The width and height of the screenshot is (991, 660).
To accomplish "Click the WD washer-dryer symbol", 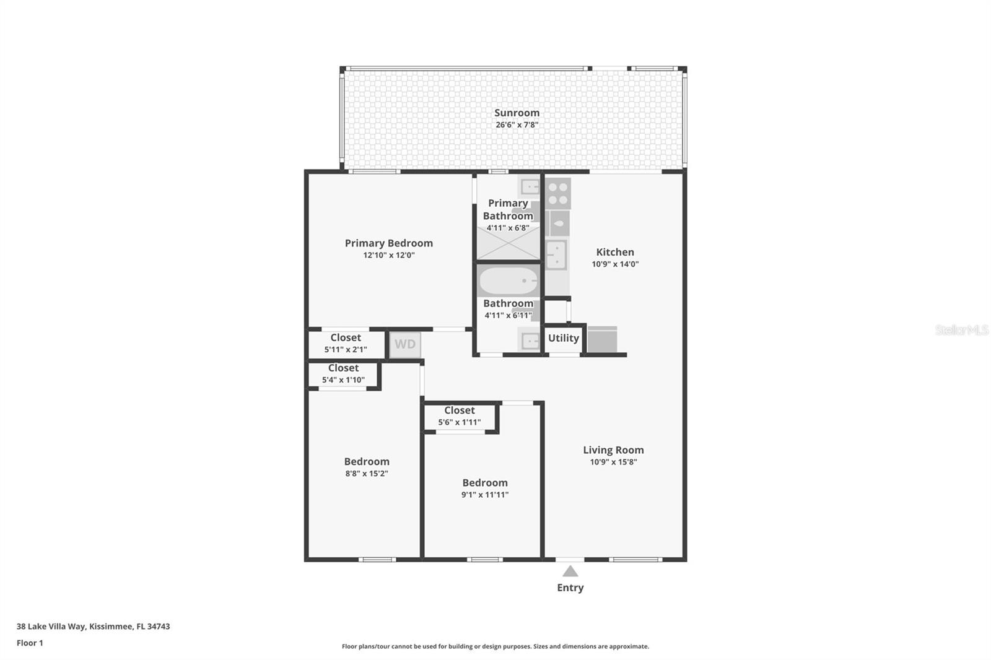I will coord(405,344).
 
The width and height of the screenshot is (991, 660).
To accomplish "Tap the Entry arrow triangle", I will coord(570,571).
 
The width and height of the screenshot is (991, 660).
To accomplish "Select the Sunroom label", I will coord(517,113).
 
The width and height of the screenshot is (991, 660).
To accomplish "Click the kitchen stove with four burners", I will coord(558,193).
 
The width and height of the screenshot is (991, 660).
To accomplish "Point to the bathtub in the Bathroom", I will coord(508,282).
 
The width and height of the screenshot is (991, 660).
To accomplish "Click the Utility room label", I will coord(563,338).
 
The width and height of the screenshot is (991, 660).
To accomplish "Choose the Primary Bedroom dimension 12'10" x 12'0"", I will coord(388,255).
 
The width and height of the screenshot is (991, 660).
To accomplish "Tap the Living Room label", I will coord(613,450).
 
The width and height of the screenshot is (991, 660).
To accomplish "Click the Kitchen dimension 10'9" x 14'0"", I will coord(614,264).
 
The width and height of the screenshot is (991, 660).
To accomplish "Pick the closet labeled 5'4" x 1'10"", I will coord(343,374).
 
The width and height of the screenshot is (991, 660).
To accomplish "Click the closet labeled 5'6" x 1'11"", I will coord(459,416).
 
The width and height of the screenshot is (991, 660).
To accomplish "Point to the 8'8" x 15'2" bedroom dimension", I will coord(367,474).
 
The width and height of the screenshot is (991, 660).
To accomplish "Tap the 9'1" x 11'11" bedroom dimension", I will coord(484,495).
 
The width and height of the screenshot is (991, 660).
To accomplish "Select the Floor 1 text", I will coord(30,643).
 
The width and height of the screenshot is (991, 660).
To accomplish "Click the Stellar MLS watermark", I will coord(961,330).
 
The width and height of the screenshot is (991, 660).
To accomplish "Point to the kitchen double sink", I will coord(556,254).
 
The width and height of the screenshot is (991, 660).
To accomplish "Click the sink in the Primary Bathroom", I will coord(530,186).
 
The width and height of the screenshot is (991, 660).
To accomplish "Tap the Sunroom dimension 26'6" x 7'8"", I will coord(517,124).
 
